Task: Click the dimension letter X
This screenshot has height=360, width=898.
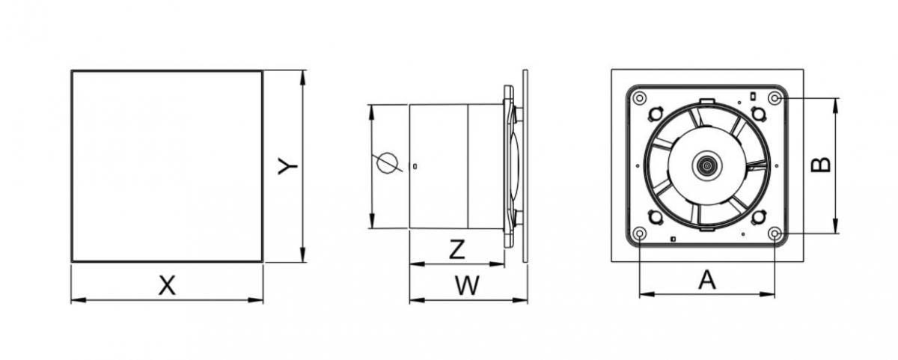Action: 168,284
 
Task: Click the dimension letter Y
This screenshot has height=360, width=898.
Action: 287,167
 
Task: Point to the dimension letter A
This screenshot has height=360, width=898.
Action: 706,280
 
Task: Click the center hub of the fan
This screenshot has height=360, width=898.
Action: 705,165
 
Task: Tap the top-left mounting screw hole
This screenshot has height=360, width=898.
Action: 638,98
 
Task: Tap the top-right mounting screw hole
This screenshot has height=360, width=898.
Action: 775,98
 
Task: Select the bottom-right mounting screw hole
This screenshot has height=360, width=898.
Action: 775,234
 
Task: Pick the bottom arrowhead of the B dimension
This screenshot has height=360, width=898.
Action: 836,230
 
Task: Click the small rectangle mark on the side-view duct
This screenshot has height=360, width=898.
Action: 415,165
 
